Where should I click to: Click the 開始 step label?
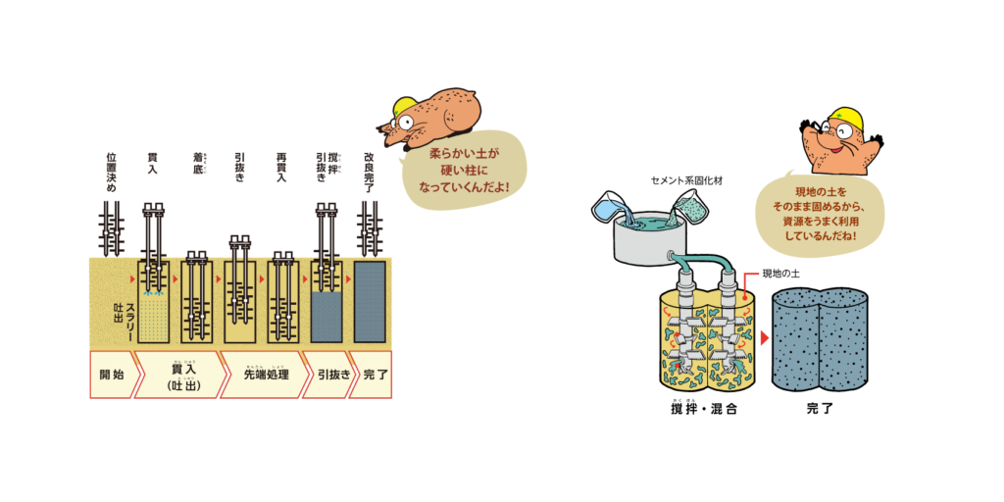pyautogui.click(x=112, y=375)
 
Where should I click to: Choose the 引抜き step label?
pyautogui.click(x=327, y=375)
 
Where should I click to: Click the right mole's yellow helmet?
pyautogui.click(x=846, y=120)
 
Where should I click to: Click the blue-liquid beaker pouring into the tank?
pyautogui.click(x=612, y=207)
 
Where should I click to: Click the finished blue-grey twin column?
pyautogui.click(x=821, y=338)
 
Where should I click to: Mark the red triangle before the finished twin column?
pyautogui.click(x=764, y=337)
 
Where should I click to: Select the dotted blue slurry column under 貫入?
pyautogui.click(x=154, y=314)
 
